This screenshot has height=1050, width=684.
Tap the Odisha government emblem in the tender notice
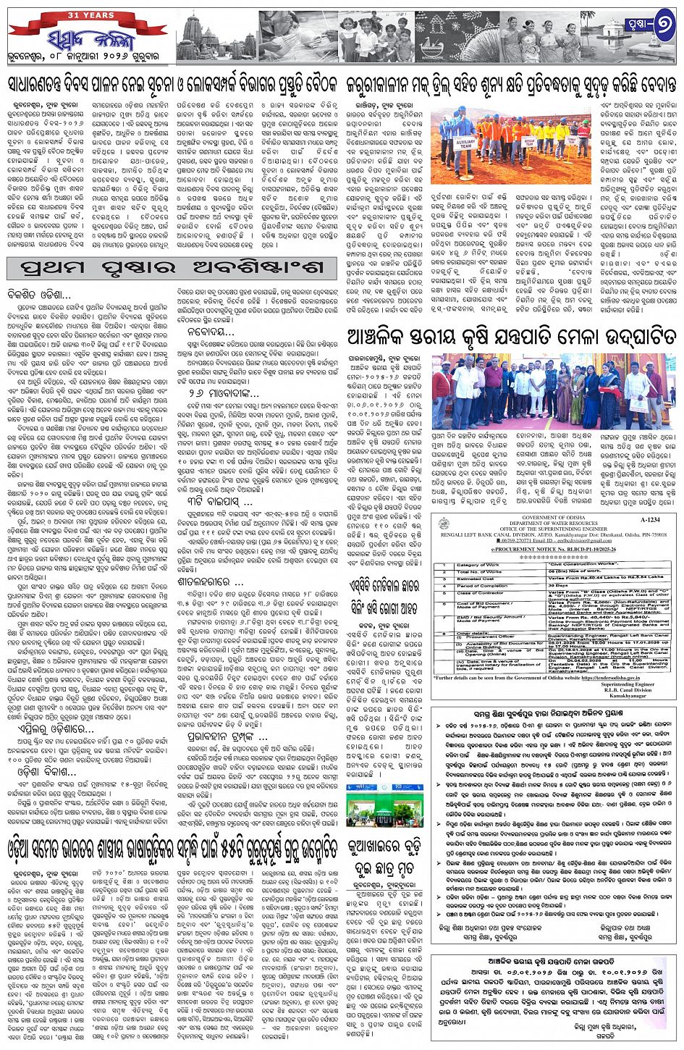(x=444, y=523)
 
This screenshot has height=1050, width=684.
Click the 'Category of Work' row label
(x=478, y=565)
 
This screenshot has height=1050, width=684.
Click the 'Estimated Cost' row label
(x=476, y=579)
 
